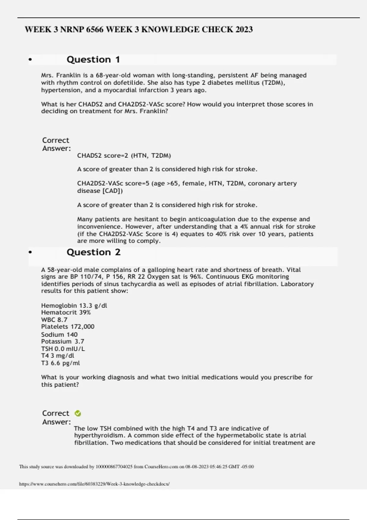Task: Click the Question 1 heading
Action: point(93,59)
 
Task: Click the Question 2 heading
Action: point(94,252)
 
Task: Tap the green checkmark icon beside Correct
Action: point(78,414)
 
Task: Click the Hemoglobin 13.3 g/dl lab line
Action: point(74,306)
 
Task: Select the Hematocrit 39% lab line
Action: point(66,312)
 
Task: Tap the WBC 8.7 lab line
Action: point(54,320)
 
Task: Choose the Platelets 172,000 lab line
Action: point(68,327)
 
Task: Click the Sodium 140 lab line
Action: point(59,334)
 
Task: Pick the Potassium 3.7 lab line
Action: point(62,341)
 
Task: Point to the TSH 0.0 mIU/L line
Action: point(63,349)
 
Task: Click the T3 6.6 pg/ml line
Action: point(60,363)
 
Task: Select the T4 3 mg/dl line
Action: point(57,356)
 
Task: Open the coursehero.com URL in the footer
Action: point(94,484)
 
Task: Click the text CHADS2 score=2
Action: point(103,155)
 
